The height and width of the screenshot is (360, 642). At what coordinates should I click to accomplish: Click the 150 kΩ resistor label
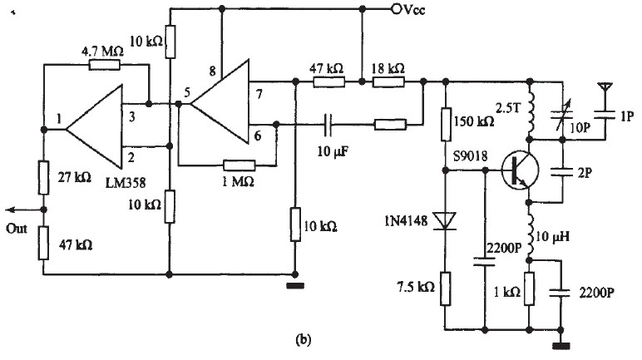coord(475,122)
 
